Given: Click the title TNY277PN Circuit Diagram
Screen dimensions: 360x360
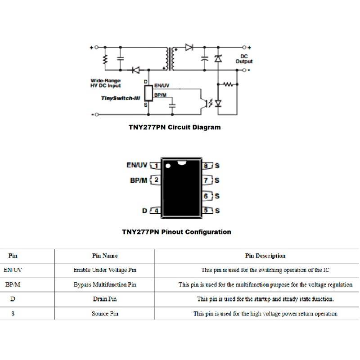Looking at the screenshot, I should (175, 127).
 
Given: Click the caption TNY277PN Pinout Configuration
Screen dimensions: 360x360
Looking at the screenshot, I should (176, 232).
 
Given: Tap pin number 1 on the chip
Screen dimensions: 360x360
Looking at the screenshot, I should (156, 166).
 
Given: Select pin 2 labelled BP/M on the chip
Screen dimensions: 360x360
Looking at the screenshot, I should (156, 180).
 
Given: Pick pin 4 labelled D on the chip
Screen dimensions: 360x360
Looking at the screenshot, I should (156, 210).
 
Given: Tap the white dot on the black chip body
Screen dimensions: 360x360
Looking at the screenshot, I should (168, 166).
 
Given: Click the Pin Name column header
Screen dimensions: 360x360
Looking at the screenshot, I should (105, 256).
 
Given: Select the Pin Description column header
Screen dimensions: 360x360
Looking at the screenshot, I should (265, 256).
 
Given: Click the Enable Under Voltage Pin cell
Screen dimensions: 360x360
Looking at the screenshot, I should (105, 270).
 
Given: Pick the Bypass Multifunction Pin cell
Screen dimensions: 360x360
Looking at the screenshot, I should (105, 284).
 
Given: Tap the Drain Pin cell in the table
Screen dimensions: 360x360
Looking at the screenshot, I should (105, 299).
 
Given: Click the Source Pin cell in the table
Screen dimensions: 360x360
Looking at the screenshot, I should (105, 313).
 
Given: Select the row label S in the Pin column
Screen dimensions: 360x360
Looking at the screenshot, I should (13, 313).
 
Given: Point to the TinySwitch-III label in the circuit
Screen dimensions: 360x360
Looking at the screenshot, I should (120, 98).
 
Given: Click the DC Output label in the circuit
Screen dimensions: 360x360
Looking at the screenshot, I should (244, 58).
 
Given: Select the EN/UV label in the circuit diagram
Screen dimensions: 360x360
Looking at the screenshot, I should (162, 85).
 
